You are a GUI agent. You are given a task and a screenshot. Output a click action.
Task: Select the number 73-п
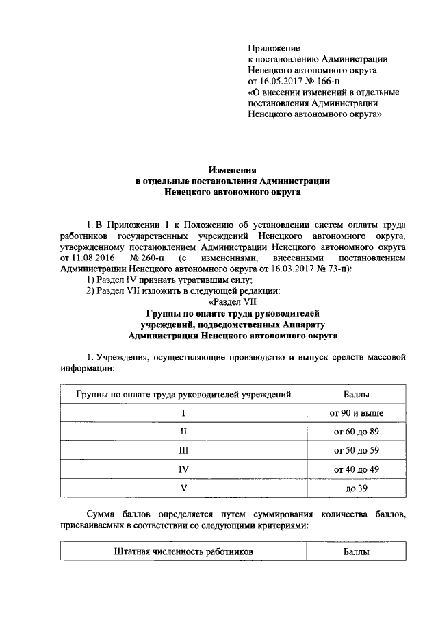tap(336, 269)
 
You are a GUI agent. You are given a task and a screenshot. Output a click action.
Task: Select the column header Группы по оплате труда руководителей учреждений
tap(183, 395)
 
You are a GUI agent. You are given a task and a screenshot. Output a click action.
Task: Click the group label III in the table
tap(183, 451)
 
